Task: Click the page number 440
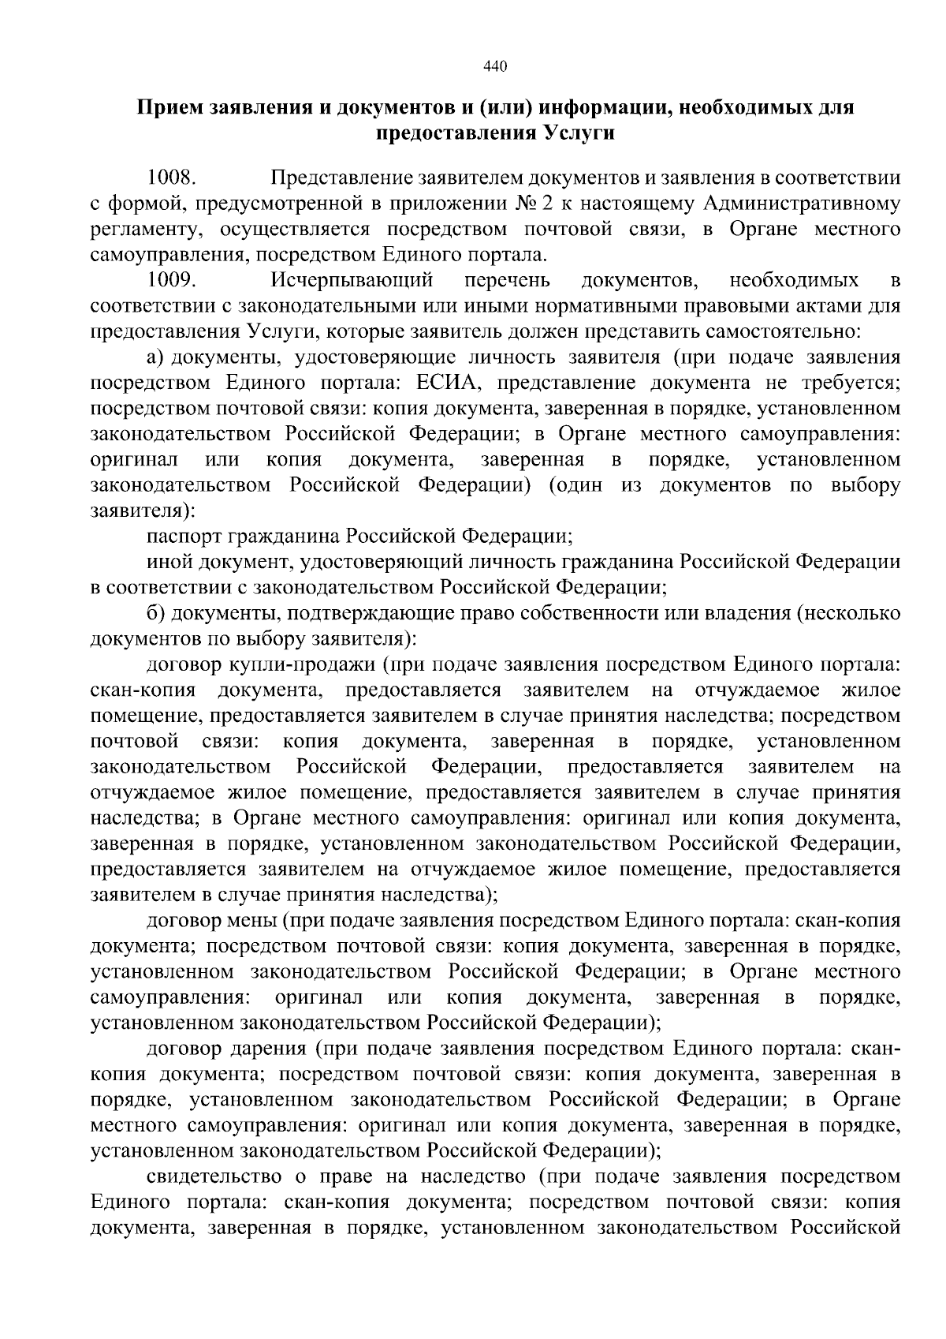click(494, 66)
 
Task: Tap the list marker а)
click(156, 358)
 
